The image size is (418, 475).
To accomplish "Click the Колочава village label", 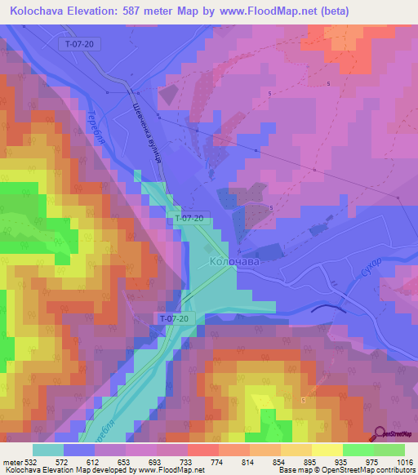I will click(x=235, y=263).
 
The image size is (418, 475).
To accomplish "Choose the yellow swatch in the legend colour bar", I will click(x=327, y=450).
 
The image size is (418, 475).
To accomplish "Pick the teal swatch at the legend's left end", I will click(x=48, y=450).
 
